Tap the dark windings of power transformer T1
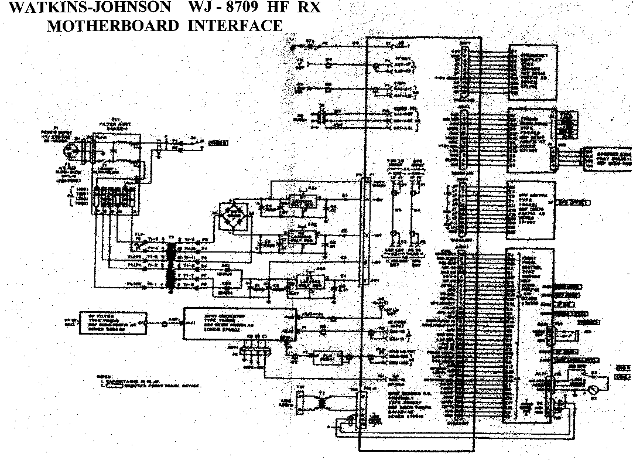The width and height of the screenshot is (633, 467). [172, 267]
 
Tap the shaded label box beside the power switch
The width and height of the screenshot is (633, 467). [219, 142]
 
